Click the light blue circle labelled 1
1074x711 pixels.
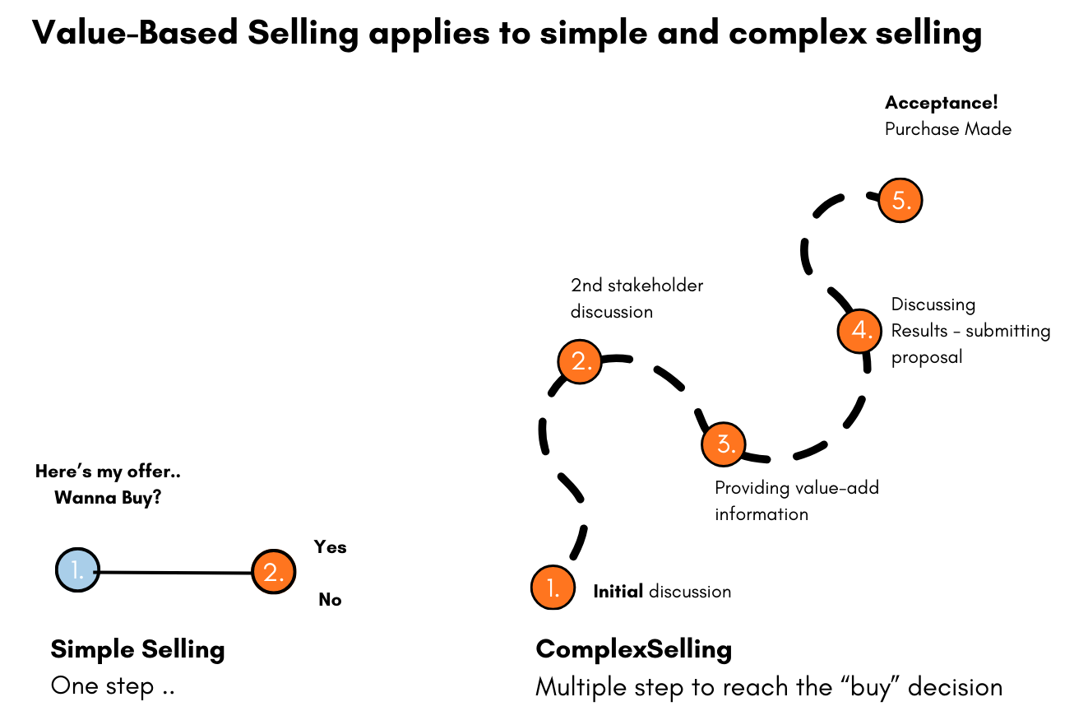(x=77, y=569)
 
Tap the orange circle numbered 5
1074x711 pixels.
(x=900, y=201)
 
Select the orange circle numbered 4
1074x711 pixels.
(x=859, y=331)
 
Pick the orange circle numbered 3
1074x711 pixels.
(x=724, y=444)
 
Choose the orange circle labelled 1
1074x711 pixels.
(x=553, y=588)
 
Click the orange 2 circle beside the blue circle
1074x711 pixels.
(x=274, y=572)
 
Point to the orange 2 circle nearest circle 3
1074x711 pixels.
(x=580, y=361)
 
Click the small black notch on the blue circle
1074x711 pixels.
(x=95, y=570)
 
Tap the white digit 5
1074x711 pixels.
(x=897, y=200)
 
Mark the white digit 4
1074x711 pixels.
(x=858, y=330)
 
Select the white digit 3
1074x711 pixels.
(x=722, y=444)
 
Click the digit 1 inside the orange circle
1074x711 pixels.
(x=550, y=587)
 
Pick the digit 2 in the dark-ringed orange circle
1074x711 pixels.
(x=271, y=572)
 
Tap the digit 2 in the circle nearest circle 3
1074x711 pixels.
(x=577, y=360)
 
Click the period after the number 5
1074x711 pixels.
(x=909, y=207)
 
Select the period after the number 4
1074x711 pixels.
(x=869, y=337)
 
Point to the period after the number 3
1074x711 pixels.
(x=733, y=451)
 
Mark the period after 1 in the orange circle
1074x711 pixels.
(x=558, y=594)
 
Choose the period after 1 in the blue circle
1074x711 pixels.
(x=81, y=577)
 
